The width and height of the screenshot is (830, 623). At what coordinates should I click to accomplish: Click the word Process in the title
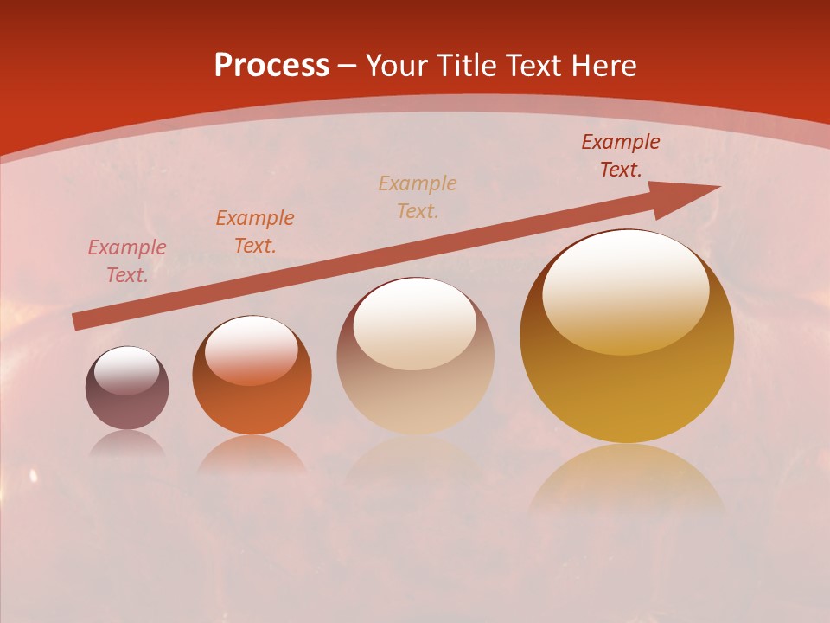pyautogui.click(x=271, y=66)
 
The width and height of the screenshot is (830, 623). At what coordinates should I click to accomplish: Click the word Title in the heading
pyautogui.click(x=465, y=66)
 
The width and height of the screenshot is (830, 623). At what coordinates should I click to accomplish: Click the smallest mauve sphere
pyautogui.click(x=127, y=389)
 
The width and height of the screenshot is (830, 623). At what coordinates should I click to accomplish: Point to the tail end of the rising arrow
pyautogui.click(x=78, y=322)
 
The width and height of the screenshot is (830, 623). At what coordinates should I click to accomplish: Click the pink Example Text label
pyautogui.click(x=127, y=261)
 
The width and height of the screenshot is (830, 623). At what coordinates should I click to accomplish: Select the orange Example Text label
pyautogui.click(x=255, y=232)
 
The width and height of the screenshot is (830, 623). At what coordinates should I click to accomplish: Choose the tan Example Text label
pyautogui.click(x=418, y=197)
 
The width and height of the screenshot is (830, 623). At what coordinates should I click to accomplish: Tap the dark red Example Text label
pyautogui.click(x=621, y=156)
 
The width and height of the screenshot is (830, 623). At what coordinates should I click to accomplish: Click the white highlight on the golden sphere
pyautogui.click(x=626, y=290)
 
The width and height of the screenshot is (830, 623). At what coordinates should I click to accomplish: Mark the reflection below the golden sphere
pyautogui.click(x=627, y=480)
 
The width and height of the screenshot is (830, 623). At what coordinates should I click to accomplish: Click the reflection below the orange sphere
pyautogui.click(x=252, y=454)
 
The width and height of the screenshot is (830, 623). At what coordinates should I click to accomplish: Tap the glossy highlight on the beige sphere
pyautogui.click(x=415, y=323)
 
